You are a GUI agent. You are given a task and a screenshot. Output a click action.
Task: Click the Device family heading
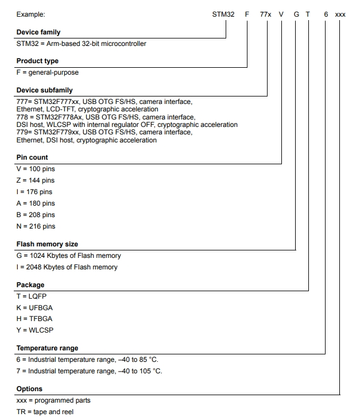coord(38,32)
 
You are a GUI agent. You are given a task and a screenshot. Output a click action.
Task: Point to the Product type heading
coord(37,61)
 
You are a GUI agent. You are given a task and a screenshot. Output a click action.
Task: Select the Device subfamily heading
coord(45,90)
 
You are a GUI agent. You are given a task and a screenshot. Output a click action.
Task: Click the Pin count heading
coord(32,157)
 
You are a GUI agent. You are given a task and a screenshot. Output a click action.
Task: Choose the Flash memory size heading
coord(47,244)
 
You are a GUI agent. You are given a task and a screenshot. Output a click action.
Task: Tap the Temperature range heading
coord(47,348)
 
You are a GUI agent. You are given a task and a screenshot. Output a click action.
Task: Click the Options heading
coord(29,389)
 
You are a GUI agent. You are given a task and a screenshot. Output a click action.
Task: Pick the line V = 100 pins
coord(36,169)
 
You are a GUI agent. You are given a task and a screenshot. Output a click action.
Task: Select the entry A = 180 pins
coord(36,203)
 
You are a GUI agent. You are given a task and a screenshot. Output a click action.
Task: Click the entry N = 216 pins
coord(36,226)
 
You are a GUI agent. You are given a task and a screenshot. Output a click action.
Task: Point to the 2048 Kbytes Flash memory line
coord(67,267)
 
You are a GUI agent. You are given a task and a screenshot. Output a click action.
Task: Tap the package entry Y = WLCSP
coord(35,330)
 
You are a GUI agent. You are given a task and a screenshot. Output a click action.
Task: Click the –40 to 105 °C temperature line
coord(89,371)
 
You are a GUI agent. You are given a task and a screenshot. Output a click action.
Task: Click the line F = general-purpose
coord(48,72)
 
